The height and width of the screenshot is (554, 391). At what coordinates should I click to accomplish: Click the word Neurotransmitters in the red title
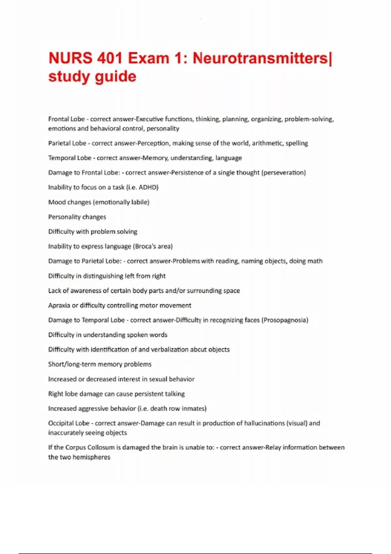(x=261, y=59)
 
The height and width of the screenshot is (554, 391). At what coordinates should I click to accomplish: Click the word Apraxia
(x=59, y=305)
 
